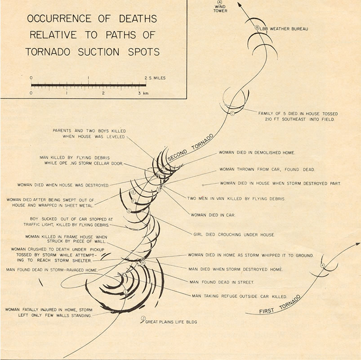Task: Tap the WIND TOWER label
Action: pos(220,9)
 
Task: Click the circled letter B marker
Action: pos(257,28)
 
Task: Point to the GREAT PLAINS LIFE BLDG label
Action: pos(173,322)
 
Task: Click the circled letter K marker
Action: pos(322,265)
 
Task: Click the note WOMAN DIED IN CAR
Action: pos(213,215)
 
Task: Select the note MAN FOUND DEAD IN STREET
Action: pos(216,282)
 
